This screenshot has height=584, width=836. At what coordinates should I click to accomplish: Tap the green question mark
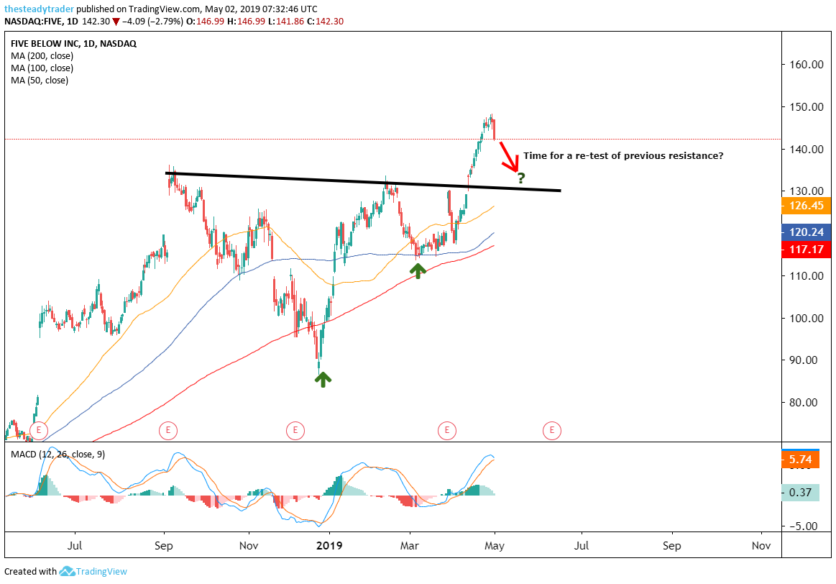point(521,178)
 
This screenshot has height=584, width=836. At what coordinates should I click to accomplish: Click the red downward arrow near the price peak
point(509,157)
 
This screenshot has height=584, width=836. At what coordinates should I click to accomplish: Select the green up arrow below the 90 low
point(323,379)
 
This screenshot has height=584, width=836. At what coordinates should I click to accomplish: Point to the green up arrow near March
point(418,270)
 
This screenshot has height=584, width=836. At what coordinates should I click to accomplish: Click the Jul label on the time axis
point(75,546)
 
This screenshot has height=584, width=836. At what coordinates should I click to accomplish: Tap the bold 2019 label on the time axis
point(329,546)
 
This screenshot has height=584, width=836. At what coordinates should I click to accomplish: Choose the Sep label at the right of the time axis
point(672,546)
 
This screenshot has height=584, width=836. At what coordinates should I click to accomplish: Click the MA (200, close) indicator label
point(42,55)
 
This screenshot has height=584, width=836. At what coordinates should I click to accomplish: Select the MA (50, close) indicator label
point(40,81)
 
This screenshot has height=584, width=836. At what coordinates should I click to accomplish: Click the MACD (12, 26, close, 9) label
point(58,455)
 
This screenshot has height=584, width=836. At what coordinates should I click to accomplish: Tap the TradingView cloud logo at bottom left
point(68,571)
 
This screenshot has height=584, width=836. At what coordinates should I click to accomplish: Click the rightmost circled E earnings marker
point(552,431)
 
